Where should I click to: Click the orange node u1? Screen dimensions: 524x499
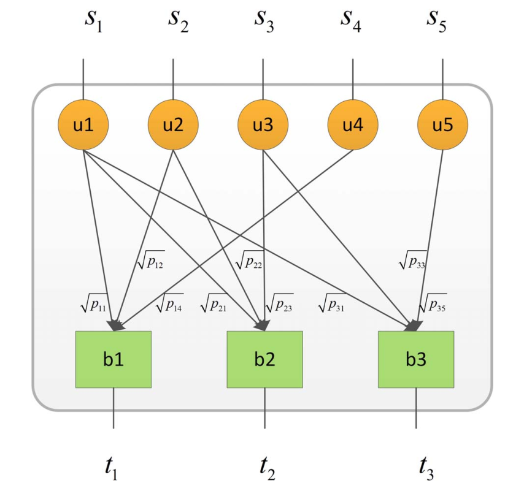(x=83, y=125)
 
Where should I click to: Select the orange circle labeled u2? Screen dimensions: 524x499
(x=173, y=125)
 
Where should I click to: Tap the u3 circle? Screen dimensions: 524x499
(x=263, y=125)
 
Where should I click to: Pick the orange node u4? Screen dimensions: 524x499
(x=353, y=125)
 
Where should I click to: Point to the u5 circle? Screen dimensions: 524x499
(x=443, y=125)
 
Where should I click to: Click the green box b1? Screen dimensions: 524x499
(x=114, y=359)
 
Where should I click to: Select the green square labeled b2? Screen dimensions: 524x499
(x=265, y=359)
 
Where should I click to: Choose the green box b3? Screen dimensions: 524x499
(x=416, y=359)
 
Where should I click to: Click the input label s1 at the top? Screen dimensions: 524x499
(x=93, y=21)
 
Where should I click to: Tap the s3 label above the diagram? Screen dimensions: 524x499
(x=264, y=21)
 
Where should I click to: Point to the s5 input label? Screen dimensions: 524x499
(x=437, y=21)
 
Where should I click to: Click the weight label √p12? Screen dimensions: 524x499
(x=151, y=261)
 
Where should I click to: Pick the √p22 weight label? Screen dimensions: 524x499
(x=249, y=261)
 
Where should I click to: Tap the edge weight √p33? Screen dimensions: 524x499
(x=413, y=261)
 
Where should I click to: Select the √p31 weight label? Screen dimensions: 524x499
(x=332, y=303)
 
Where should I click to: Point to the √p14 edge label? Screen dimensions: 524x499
(x=169, y=303)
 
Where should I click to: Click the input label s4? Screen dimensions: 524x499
(x=350, y=21)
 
